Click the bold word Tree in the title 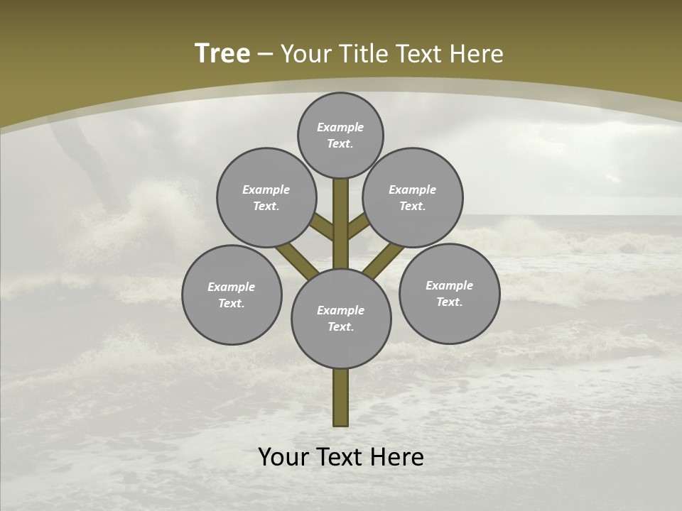coord(222,54)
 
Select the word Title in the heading coord(363,54)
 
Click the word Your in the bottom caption coord(284,457)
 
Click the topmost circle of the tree coord(340,135)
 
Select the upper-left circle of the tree coord(266,197)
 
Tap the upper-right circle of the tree coord(413,197)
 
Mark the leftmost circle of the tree coord(232,295)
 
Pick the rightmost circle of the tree coord(449,293)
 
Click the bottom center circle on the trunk coord(341,318)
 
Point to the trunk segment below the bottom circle coord(341,397)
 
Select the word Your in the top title coord(306,54)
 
